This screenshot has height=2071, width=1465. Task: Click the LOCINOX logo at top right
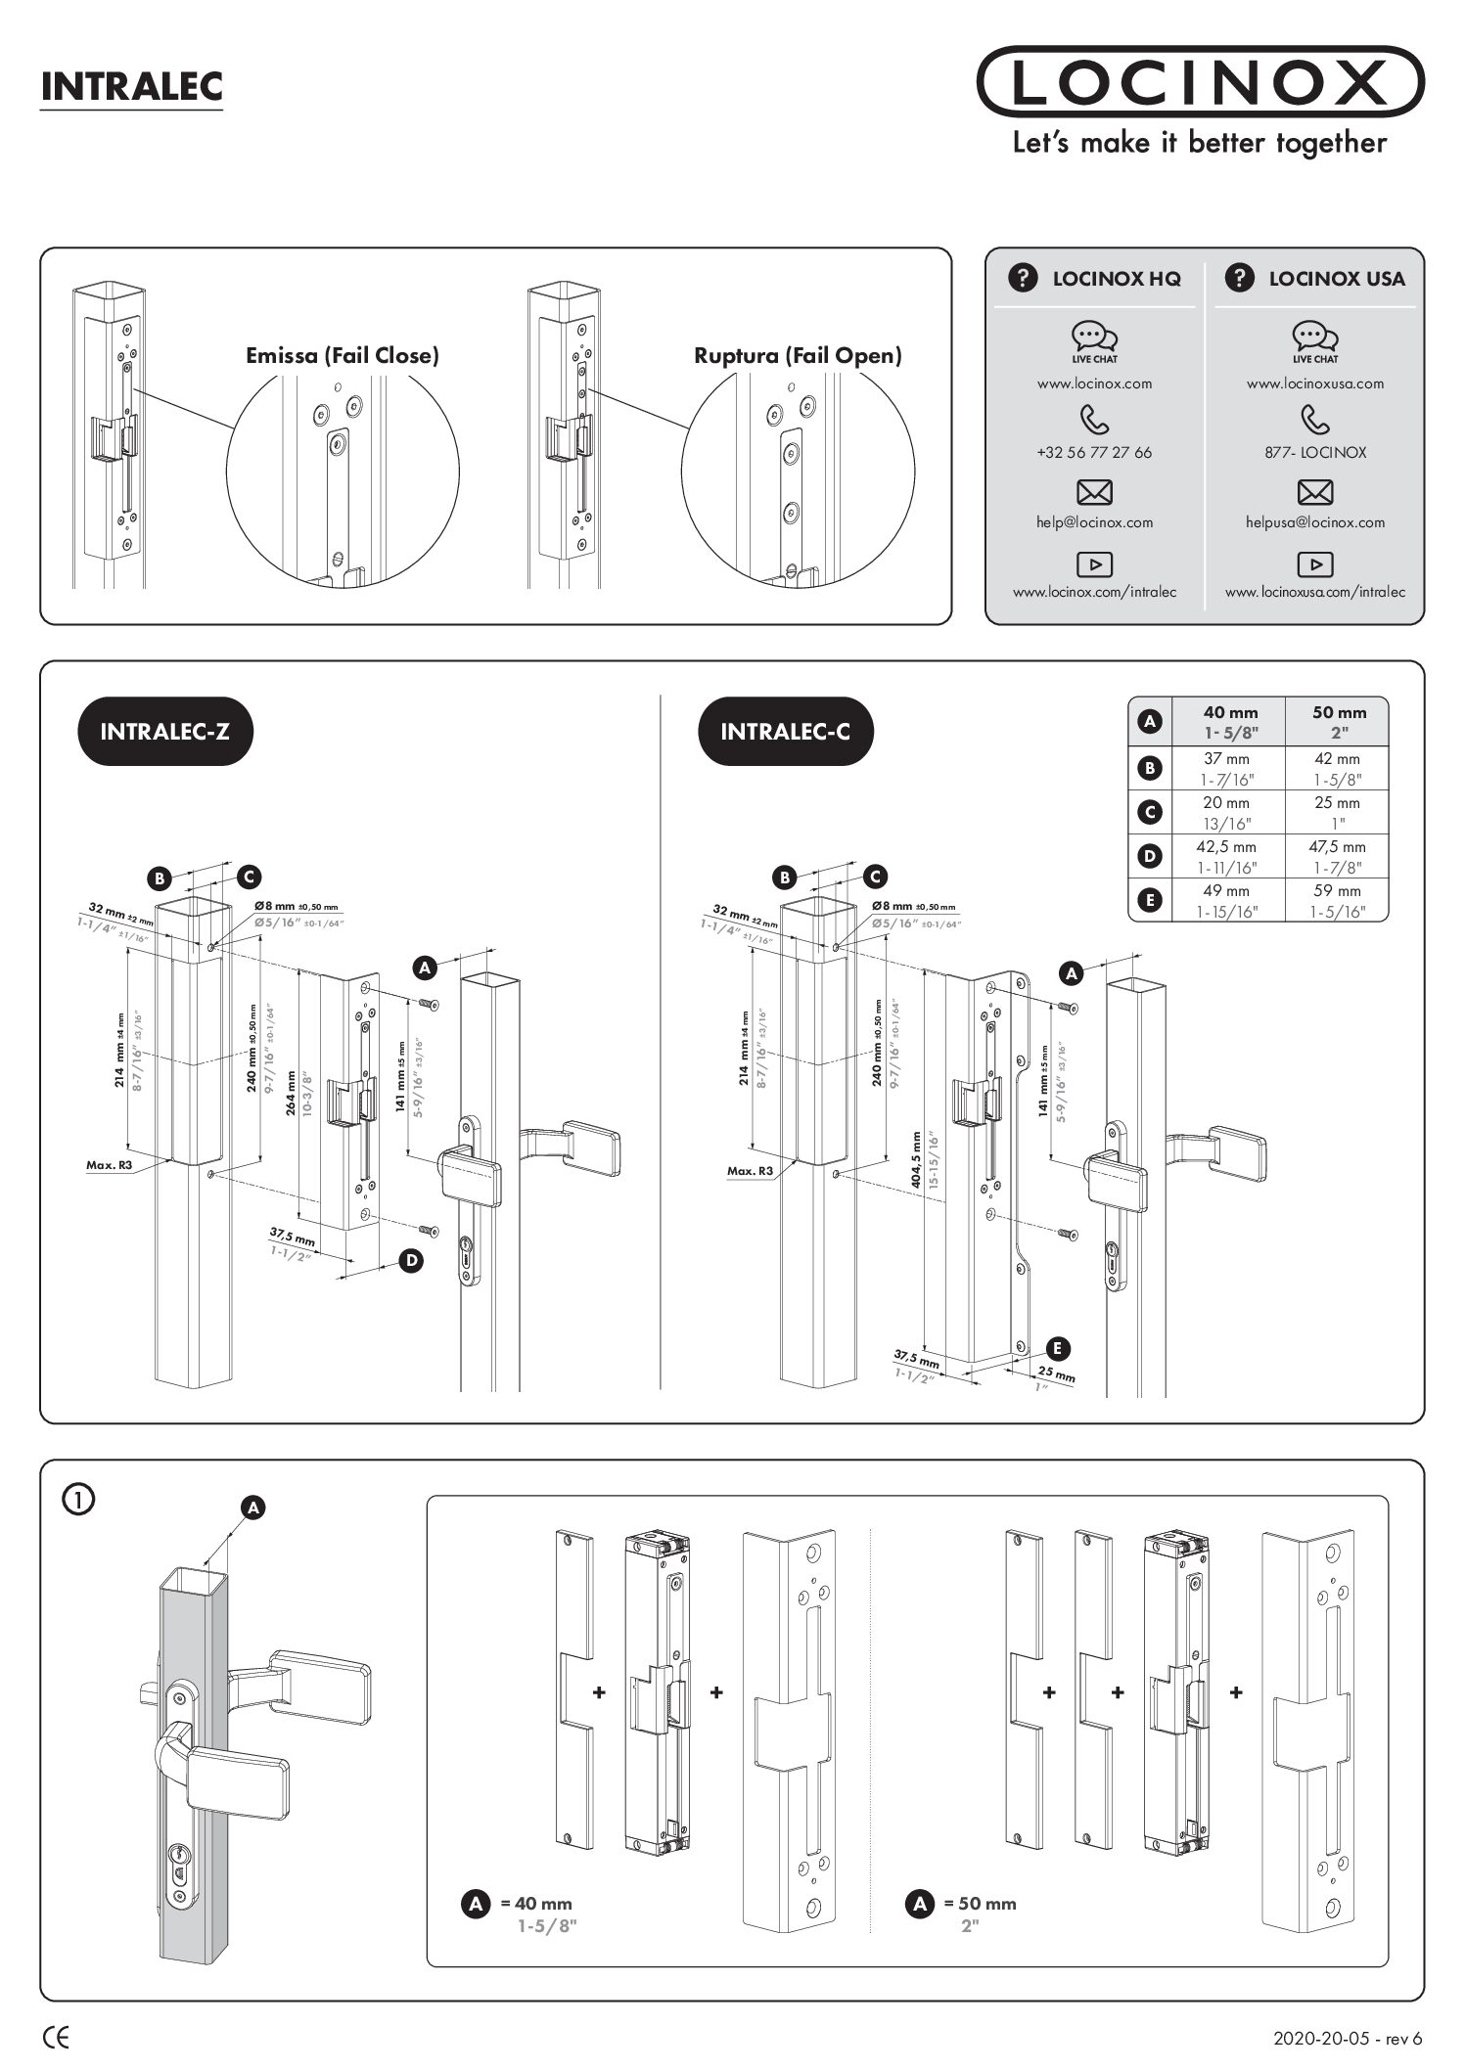[1199, 82]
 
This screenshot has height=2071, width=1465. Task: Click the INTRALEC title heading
[131, 86]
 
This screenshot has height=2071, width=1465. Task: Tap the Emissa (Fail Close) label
[342, 355]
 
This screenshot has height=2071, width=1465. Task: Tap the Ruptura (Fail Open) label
[798, 355]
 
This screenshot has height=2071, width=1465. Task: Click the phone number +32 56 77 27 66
[1094, 453]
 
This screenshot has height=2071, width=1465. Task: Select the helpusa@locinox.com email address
[1314, 522]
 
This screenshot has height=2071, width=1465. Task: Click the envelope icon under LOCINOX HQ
[1094, 491]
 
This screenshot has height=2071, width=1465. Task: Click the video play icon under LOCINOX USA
[1314, 564]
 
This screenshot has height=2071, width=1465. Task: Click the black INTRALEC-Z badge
[164, 731]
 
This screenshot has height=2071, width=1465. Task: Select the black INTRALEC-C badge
[785, 731]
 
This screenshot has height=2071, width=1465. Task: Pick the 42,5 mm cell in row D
[1226, 847]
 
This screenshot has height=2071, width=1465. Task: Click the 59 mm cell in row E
[1337, 891]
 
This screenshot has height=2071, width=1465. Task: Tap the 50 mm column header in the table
[1338, 713]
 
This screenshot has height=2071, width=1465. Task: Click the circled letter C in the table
[1151, 812]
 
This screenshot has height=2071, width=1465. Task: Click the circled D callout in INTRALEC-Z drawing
[412, 1261]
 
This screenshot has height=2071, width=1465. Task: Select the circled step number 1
[78, 1499]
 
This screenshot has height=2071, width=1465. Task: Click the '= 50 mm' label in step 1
[980, 1904]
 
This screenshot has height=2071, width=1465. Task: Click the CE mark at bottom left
[57, 2038]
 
